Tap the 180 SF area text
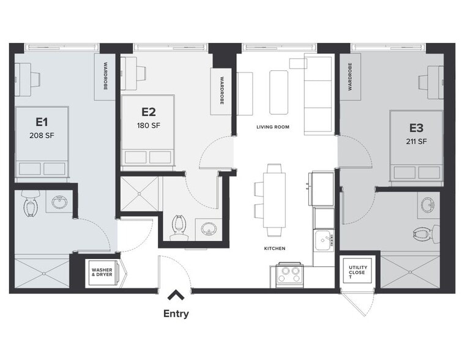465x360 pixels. click(x=148, y=126)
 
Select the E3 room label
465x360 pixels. click(x=417, y=128)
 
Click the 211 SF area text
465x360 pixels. click(x=417, y=141)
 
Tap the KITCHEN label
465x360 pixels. click(x=273, y=248)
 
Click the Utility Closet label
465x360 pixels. click(x=358, y=272)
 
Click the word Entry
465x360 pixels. click(x=176, y=314)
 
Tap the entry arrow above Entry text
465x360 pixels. click(x=176, y=296)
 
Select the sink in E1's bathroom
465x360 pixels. click(x=59, y=203)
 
